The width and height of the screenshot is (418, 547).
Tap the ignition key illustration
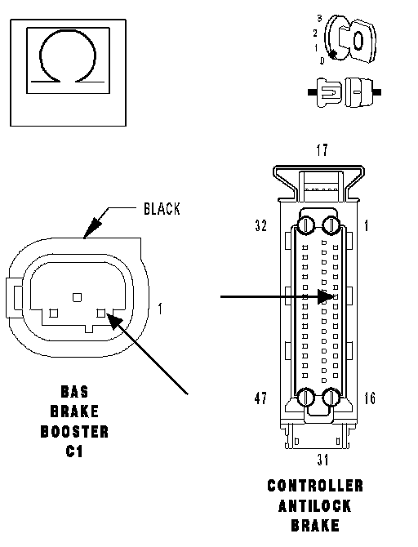(x=349, y=39)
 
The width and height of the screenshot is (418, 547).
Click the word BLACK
(x=162, y=209)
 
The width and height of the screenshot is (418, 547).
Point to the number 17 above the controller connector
(x=322, y=150)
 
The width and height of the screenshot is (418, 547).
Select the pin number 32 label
(x=261, y=225)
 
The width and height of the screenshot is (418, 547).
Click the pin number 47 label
(x=261, y=398)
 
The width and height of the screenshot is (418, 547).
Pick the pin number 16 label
(x=370, y=398)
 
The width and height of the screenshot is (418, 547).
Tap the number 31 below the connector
(x=322, y=460)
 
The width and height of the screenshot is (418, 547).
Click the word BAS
(x=74, y=391)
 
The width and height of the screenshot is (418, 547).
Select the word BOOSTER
(x=74, y=432)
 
